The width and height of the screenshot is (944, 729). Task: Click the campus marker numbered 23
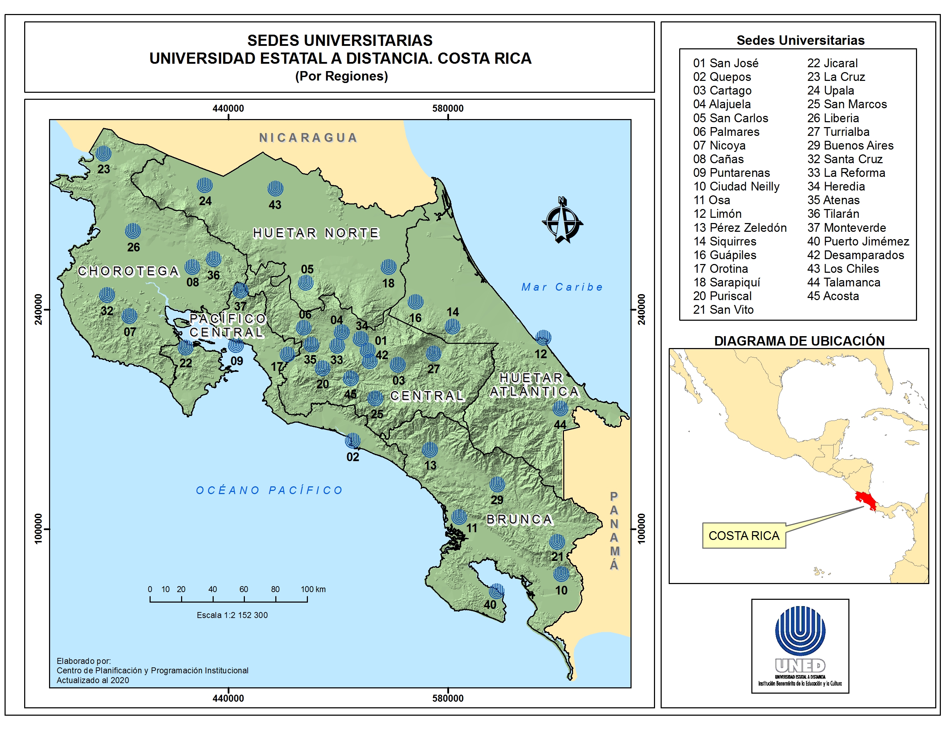tap(103, 153)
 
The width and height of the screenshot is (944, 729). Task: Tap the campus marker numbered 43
tap(275, 188)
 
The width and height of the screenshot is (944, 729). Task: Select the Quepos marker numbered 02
tap(353, 440)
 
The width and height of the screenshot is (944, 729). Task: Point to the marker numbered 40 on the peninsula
tap(497, 591)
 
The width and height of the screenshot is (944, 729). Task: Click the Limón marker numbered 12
tap(543, 338)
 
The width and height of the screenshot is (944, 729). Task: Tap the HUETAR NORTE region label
tap(316, 233)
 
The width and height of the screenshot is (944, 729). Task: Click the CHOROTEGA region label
tap(128, 271)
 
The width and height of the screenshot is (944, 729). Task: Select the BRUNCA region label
tap(519, 519)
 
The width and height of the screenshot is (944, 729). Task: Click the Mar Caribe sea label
tap(561, 287)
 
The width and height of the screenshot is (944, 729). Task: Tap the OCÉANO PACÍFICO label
tap(269, 490)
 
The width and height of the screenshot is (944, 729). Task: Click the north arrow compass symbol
tap(562, 220)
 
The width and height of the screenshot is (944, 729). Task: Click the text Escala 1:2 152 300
tap(232, 615)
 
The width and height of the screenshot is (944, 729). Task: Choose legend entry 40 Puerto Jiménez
tap(857, 241)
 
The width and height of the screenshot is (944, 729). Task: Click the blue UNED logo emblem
tap(800, 631)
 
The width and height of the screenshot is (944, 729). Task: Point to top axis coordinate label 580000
tap(448, 109)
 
